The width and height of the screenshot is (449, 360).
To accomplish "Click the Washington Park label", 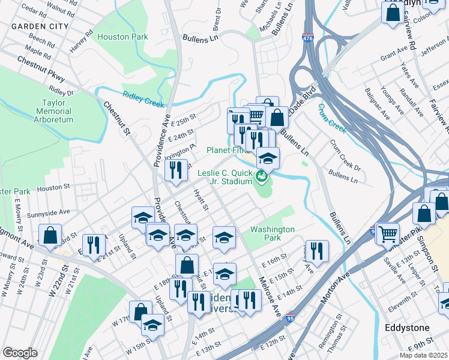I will click(x=273, y=233).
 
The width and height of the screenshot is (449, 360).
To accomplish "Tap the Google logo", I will click(x=19, y=352).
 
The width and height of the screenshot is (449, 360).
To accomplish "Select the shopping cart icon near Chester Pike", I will click(x=388, y=232).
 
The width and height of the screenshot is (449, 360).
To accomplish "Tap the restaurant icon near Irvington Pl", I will click(x=176, y=169).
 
